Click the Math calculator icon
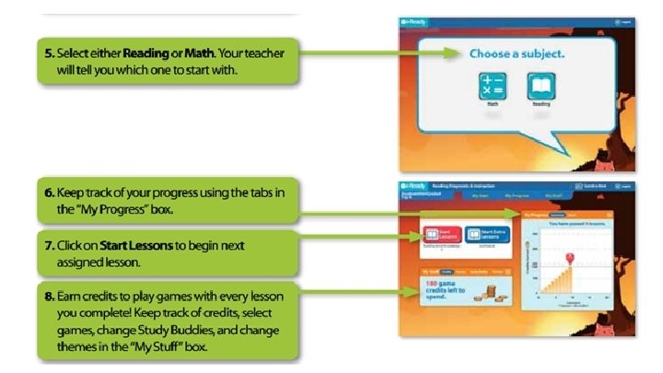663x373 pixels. click(x=493, y=87)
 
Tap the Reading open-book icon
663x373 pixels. click(x=541, y=87)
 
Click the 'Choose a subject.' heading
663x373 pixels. click(x=517, y=54)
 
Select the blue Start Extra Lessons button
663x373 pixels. click(x=487, y=236)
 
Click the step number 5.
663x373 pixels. click(x=47, y=53)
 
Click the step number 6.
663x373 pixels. click(x=47, y=192)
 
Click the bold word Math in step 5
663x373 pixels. click(x=199, y=53)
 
